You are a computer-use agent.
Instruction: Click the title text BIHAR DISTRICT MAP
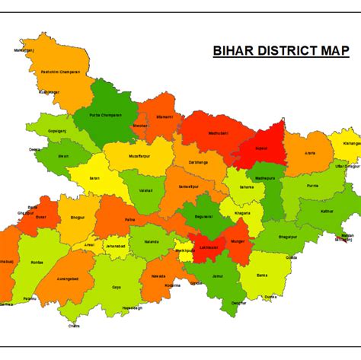coord(280,52)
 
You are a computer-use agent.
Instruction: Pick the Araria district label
coord(310,153)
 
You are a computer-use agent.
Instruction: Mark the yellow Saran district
coord(95,179)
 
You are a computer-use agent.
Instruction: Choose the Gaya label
coord(117,288)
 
